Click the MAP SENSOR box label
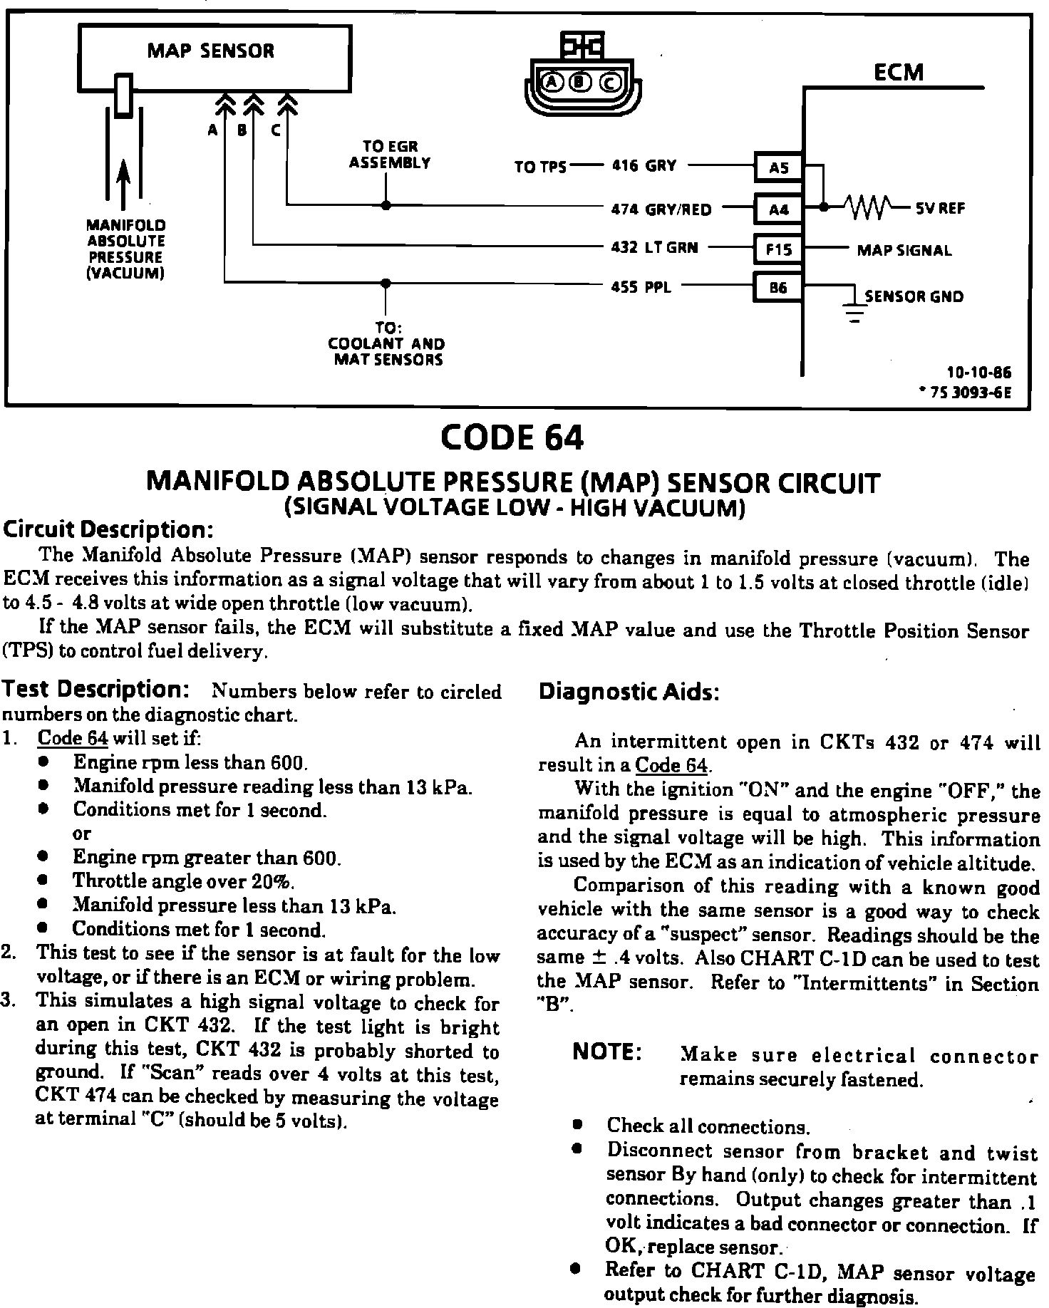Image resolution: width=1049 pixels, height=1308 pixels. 210,51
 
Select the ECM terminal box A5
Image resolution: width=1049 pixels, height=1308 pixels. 778,168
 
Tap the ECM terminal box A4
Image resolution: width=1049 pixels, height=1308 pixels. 778,209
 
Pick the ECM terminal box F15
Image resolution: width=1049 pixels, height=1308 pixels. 778,249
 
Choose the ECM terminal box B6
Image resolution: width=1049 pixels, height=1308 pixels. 778,288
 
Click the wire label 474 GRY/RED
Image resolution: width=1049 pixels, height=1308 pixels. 661,209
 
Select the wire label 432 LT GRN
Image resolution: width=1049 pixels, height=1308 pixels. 654,248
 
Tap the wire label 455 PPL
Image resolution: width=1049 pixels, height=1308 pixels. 641,287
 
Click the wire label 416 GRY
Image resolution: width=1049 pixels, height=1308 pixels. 644,165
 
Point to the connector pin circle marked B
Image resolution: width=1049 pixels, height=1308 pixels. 581,83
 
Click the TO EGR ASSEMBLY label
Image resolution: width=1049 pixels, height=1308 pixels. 389,155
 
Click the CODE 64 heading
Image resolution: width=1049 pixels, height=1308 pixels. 512,437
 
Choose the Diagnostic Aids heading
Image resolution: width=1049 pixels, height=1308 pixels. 629,692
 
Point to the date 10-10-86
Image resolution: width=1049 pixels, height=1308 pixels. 978,373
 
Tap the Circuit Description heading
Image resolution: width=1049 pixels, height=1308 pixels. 108,530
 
